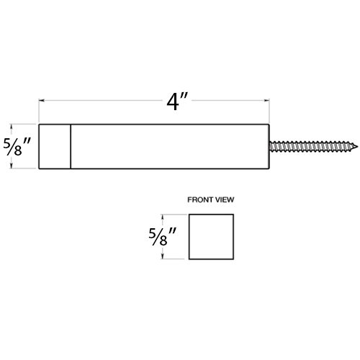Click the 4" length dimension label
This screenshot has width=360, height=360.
tap(177, 102)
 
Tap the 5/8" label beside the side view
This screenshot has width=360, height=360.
tap(17, 146)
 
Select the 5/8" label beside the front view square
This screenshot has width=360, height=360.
tap(163, 237)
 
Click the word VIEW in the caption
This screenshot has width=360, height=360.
tap(225, 199)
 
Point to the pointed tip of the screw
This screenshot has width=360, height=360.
tap(358, 146)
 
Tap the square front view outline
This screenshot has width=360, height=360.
tap(189, 237)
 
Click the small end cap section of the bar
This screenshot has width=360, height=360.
tap(55, 146)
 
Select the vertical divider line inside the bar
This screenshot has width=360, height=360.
tap(71, 146)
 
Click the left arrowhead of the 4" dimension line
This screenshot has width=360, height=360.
tap(42, 101)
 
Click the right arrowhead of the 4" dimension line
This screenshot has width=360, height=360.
tap(266, 101)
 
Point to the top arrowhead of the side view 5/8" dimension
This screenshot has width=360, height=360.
tap(11, 127)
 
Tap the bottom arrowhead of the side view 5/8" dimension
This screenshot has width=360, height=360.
tap(11, 166)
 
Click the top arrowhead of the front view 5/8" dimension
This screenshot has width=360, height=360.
tap(163, 217)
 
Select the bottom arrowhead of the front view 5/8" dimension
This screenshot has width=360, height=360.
tap(163, 256)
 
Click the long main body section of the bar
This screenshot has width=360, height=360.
tap(170, 146)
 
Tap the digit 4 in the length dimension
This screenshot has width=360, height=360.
tap(173, 102)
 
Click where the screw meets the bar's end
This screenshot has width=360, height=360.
tap(269, 146)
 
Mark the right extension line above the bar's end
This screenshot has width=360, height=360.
tap(269, 111)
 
